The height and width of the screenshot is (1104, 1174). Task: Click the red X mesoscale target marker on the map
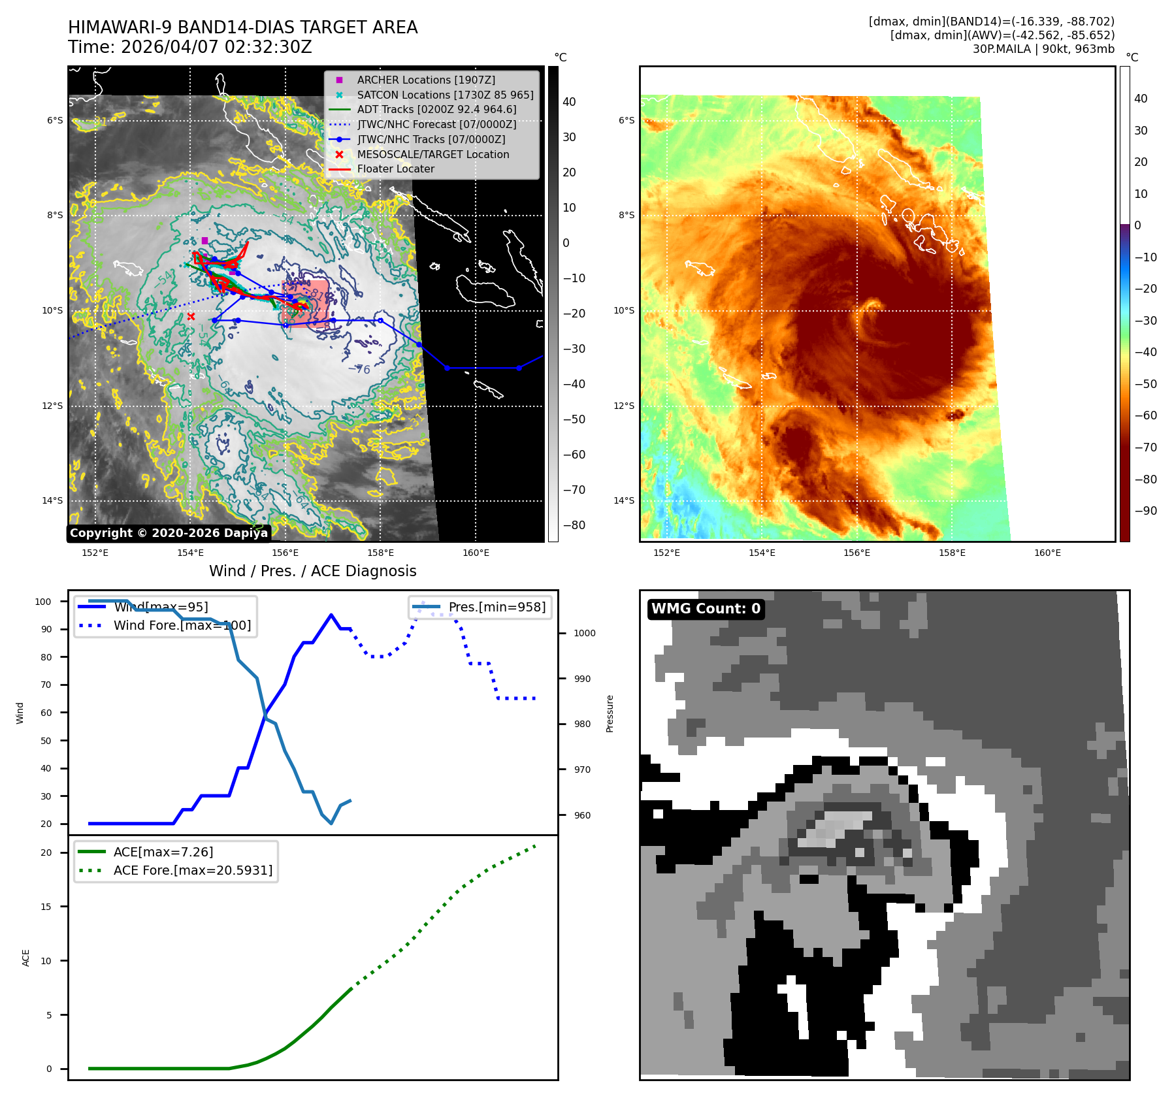tap(191, 317)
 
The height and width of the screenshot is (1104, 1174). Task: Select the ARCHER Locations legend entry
tap(425, 80)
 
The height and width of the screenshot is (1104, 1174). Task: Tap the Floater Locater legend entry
tap(395, 169)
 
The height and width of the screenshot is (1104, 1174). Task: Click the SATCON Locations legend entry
tap(444, 95)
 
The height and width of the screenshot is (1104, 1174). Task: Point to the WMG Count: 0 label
tap(706, 609)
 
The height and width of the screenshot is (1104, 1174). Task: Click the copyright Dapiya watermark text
tap(169, 533)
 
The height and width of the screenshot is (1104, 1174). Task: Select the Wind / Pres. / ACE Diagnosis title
tap(312, 571)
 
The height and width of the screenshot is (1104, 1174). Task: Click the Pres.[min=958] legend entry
tap(497, 607)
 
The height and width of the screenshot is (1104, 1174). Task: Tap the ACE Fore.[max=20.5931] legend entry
tap(193, 870)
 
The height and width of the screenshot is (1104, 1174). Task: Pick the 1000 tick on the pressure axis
tap(584, 633)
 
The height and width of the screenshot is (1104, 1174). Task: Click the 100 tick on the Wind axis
tap(43, 602)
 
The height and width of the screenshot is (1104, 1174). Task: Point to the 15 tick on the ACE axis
tap(46, 907)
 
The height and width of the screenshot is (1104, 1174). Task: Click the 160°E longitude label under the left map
tap(476, 553)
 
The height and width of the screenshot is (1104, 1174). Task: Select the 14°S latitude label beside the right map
tap(623, 501)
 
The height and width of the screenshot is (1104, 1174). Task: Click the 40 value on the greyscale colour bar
tap(569, 102)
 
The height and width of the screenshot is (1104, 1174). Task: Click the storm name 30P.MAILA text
tap(1002, 49)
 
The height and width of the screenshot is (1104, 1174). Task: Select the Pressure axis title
tap(610, 713)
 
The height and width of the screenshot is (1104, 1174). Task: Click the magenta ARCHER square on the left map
tap(204, 240)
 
